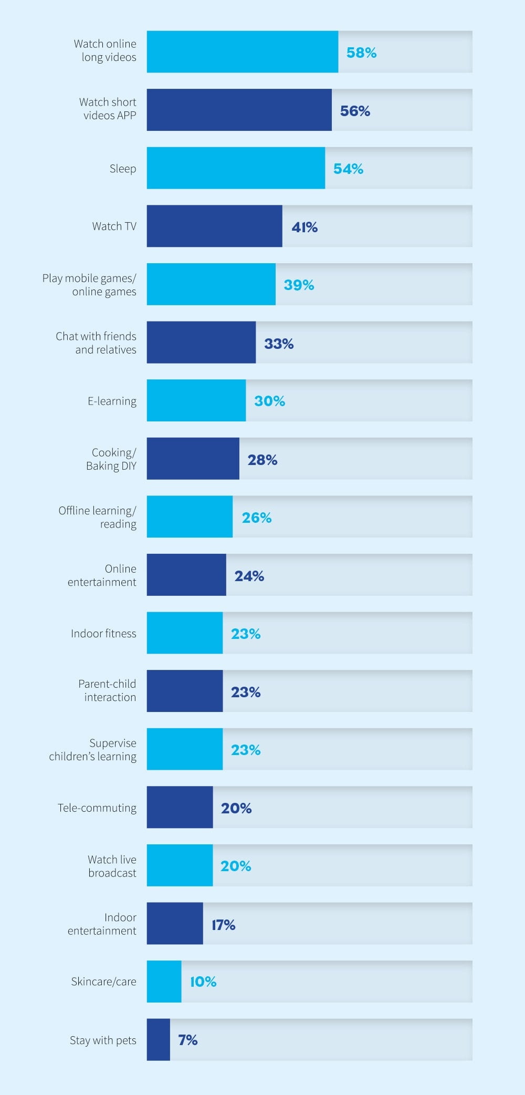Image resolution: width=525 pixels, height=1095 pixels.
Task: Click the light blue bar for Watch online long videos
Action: [x=242, y=51]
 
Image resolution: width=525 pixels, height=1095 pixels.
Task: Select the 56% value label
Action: [x=355, y=111]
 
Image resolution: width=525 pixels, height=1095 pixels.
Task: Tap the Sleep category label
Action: [x=123, y=169]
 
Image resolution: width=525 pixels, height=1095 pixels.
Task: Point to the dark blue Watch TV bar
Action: [x=214, y=226]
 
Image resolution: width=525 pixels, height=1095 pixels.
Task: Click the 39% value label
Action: [x=299, y=285]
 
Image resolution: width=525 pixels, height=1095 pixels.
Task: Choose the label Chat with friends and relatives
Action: [x=96, y=343]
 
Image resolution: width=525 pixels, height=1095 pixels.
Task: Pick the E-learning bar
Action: [x=196, y=400]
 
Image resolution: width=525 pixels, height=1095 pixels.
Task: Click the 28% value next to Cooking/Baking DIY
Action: [x=262, y=460]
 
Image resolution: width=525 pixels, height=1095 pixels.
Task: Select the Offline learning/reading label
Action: [x=98, y=517]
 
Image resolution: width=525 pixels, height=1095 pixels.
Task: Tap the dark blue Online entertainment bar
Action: [x=186, y=575]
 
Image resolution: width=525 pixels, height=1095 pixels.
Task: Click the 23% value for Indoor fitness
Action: [x=246, y=634]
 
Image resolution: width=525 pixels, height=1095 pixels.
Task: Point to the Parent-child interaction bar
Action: [x=184, y=691]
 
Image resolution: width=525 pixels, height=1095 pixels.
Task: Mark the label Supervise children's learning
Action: [x=93, y=749]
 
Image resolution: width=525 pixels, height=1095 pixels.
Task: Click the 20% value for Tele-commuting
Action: [x=236, y=808]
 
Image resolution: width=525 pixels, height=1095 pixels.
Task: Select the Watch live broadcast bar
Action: [x=180, y=865]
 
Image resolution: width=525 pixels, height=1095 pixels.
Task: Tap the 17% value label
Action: [x=223, y=925]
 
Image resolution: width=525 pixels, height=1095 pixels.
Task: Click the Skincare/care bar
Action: [x=164, y=982]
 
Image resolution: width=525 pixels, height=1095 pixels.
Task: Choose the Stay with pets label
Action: [x=103, y=1040]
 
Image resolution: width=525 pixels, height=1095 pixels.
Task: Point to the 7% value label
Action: [x=187, y=1040]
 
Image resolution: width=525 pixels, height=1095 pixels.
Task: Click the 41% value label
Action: [x=304, y=227]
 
